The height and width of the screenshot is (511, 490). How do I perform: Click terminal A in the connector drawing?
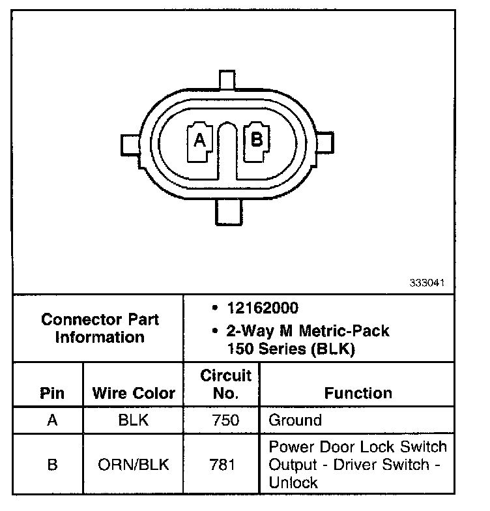pos(199,142)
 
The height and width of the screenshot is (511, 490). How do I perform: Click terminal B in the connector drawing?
pos(257,141)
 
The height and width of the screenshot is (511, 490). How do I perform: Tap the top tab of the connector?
pos(227,80)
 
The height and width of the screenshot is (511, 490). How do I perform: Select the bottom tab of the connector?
pos(229,212)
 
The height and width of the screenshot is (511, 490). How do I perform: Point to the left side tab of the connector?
pos(131,145)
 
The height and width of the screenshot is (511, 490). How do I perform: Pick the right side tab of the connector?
pos(324,143)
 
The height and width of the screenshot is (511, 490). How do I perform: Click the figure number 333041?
pos(427,283)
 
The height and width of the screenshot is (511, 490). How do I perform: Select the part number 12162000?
pos(263,308)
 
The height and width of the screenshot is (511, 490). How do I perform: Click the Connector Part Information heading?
pos(100,328)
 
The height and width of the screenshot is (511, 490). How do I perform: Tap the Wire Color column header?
pos(134,393)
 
